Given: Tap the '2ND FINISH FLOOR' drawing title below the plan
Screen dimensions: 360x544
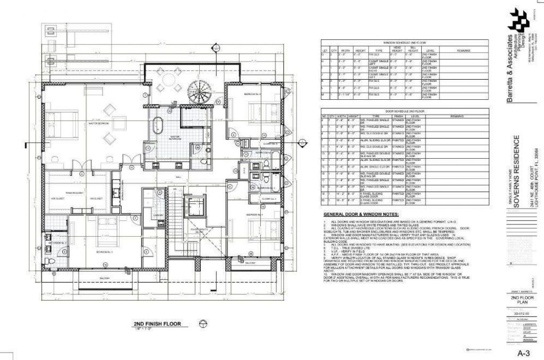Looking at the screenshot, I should coord(157,323).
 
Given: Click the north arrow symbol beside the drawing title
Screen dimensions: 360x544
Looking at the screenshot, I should coord(202,324).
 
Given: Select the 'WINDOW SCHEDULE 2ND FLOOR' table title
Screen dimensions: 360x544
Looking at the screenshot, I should coord(405,42).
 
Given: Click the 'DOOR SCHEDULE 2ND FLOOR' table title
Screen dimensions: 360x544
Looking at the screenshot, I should coord(405,110).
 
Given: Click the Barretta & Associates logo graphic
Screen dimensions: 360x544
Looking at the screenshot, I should coord(519,20).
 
